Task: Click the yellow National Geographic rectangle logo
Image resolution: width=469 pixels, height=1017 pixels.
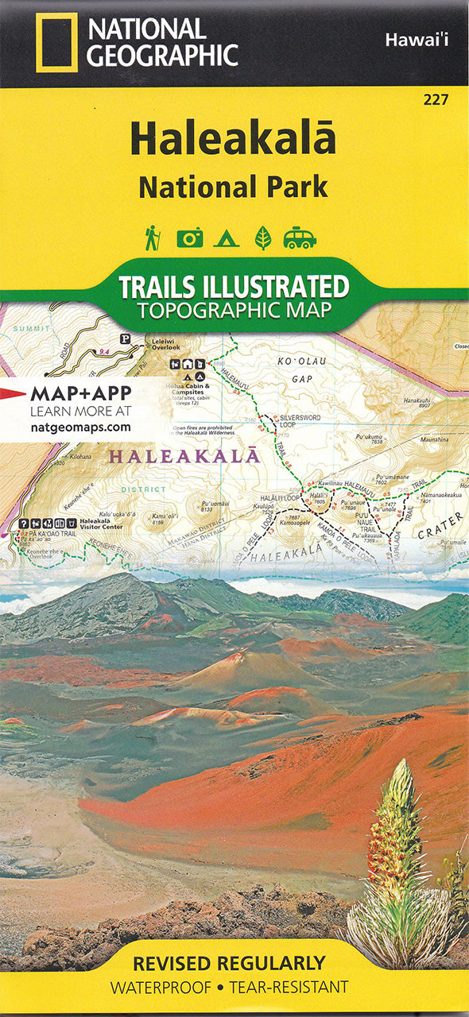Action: pos(56,42)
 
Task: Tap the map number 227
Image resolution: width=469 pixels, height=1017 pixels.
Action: pos(436,99)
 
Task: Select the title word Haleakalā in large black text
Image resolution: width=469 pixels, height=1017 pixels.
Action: pos(233,140)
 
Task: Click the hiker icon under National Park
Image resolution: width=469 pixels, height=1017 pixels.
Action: pos(152,237)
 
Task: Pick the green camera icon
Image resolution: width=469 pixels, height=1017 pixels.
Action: pos(189,238)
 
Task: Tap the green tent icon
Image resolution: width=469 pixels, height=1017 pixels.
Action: pos(226,238)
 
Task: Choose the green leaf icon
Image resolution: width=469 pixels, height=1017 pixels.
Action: pos(262,238)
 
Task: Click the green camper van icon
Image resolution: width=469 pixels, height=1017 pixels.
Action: pos(300,238)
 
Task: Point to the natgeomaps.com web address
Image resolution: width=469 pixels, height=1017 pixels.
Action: pos(80,427)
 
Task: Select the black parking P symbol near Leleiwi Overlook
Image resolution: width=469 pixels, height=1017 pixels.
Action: pos(125,338)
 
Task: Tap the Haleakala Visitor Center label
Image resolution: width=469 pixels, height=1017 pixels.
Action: pos(101,526)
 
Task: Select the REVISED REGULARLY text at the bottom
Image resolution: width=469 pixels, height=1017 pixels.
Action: pos(228,964)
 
